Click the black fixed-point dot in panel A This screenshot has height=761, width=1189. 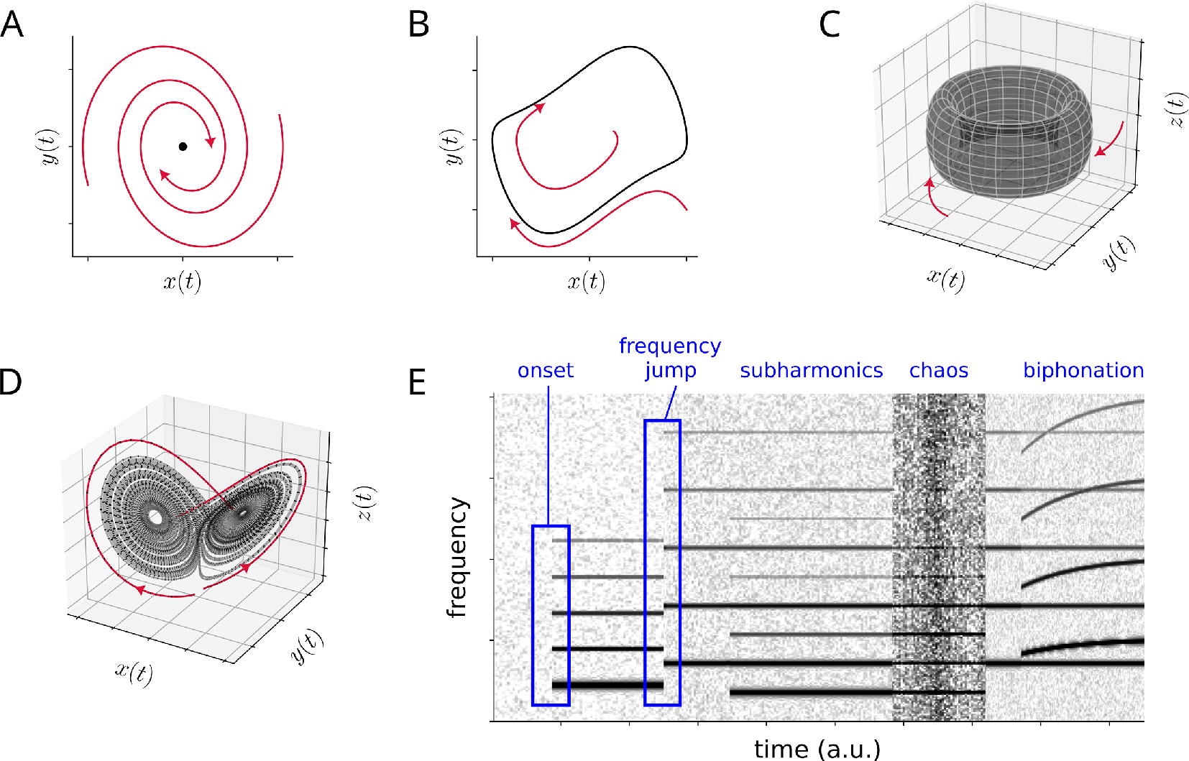coord(183,147)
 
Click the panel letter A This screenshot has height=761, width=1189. coord(12,25)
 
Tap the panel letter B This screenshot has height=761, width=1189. coord(418,25)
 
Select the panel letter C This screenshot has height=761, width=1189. coord(830,25)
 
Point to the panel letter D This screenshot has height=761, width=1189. coord(10,382)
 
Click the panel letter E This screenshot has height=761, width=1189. coord(417,382)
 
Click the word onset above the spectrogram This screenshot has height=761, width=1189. coord(546,371)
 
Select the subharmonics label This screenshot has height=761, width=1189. coord(811,371)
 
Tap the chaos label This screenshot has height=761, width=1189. coord(938,371)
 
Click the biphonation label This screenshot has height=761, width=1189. coord(1083,371)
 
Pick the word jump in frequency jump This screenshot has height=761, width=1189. coord(670,371)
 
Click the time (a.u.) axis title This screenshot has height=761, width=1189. coord(817,749)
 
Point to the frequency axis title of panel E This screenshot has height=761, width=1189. coord(456,558)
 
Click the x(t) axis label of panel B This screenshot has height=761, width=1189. coord(586,281)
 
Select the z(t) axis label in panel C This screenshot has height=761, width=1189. coord(1176,109)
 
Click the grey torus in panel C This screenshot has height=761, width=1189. coord(1009,133)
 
